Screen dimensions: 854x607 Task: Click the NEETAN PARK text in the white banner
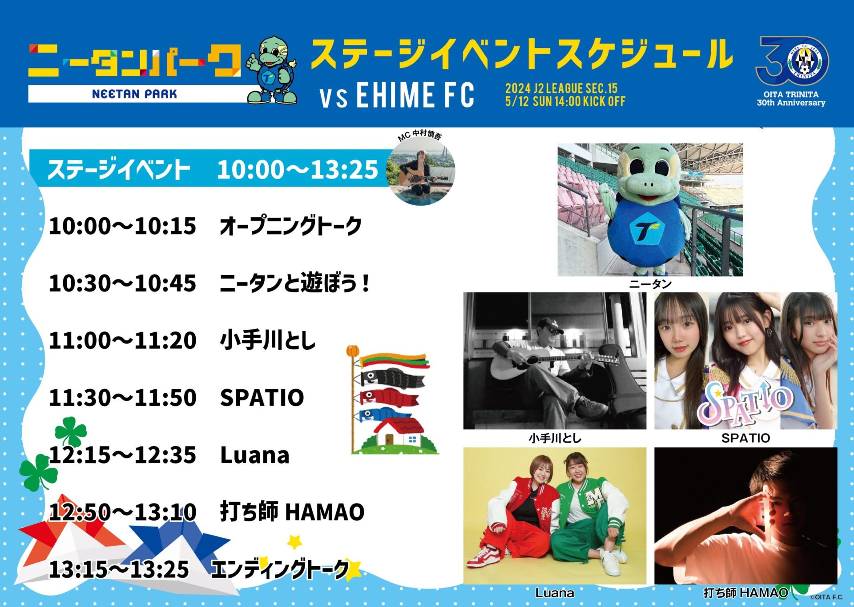(x=134, y=94)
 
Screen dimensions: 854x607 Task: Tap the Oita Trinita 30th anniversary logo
(x=791, y=71)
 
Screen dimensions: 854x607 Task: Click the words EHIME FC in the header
(x=415, y=95)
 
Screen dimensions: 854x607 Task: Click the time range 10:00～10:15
(x=122, y=226)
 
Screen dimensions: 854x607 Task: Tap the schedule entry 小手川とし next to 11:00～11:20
(x=268, y=340)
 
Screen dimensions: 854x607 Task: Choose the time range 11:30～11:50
(x=122, y=397)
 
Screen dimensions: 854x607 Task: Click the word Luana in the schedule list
(x=255, y=455)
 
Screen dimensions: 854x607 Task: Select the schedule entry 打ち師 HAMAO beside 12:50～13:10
(x=292, y=511)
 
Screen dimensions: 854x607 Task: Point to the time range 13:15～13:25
(x=119, y=569)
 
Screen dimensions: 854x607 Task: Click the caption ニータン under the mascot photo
(x=650, y=284)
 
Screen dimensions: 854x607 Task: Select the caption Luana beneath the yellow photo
(x=554, y=593)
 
